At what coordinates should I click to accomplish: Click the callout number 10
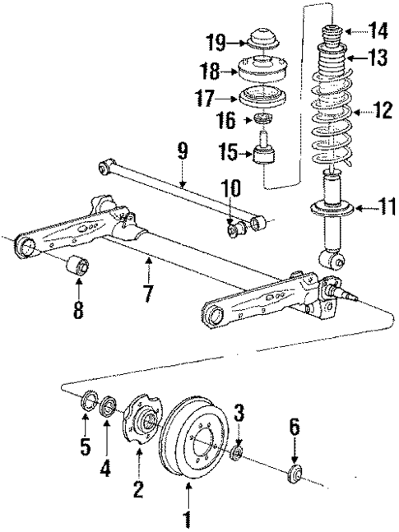[x=231, y=188]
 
